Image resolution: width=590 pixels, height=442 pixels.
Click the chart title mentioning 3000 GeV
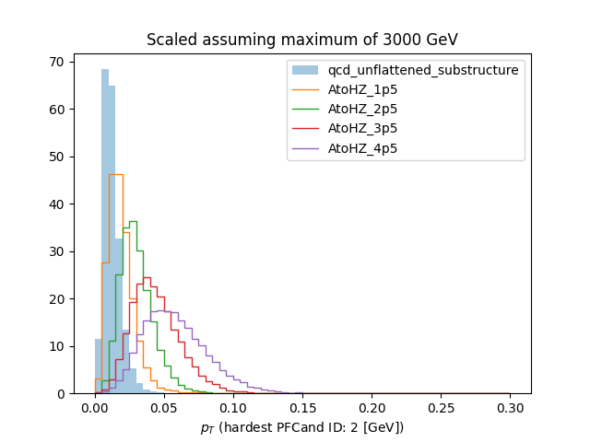(x=301, y=40)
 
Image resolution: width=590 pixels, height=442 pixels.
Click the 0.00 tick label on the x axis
(x=95, y=407)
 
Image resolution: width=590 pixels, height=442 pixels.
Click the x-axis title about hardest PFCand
(x=301, y=427)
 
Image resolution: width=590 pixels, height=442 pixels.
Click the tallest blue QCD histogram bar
(x=105, y=230)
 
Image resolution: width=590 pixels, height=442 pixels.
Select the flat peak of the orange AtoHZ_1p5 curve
(x=115, y=174)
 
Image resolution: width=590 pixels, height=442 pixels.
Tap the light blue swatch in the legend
(x=305, y=70)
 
